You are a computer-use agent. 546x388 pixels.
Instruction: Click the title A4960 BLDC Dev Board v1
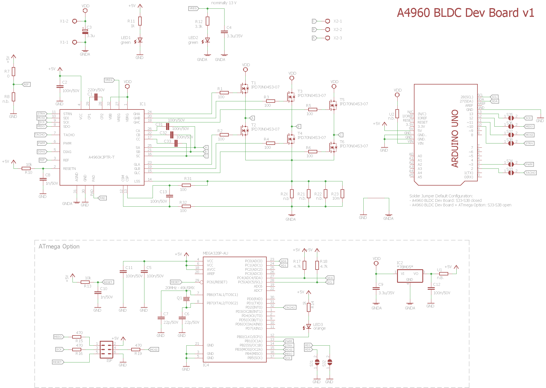(465, 13)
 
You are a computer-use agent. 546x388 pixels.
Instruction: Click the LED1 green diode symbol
(140, 40)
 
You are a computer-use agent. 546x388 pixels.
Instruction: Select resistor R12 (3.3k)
(207, 21)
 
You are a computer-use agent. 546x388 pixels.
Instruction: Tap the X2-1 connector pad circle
(327, 21)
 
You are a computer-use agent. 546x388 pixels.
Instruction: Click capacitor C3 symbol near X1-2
(85, 31)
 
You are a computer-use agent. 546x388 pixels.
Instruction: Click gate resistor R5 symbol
(312, 109)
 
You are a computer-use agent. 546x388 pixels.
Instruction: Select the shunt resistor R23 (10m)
(342, 194)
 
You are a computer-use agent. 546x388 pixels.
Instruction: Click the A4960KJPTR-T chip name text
(101, 157)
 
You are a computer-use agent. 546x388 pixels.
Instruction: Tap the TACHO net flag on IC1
(40, 135)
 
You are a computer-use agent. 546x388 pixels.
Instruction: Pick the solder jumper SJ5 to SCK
(511, 118)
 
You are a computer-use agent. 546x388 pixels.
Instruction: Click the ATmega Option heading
(59, 247)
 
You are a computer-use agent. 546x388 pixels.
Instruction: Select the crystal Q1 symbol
(186, 298)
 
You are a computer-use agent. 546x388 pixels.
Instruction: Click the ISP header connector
(106, 350)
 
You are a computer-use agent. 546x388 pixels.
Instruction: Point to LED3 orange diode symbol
(309, 326)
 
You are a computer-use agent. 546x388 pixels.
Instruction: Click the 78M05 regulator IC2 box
(410, 276)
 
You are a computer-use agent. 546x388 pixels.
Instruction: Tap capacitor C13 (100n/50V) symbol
(169, 196)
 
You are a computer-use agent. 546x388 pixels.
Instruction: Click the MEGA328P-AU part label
(215, 253)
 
